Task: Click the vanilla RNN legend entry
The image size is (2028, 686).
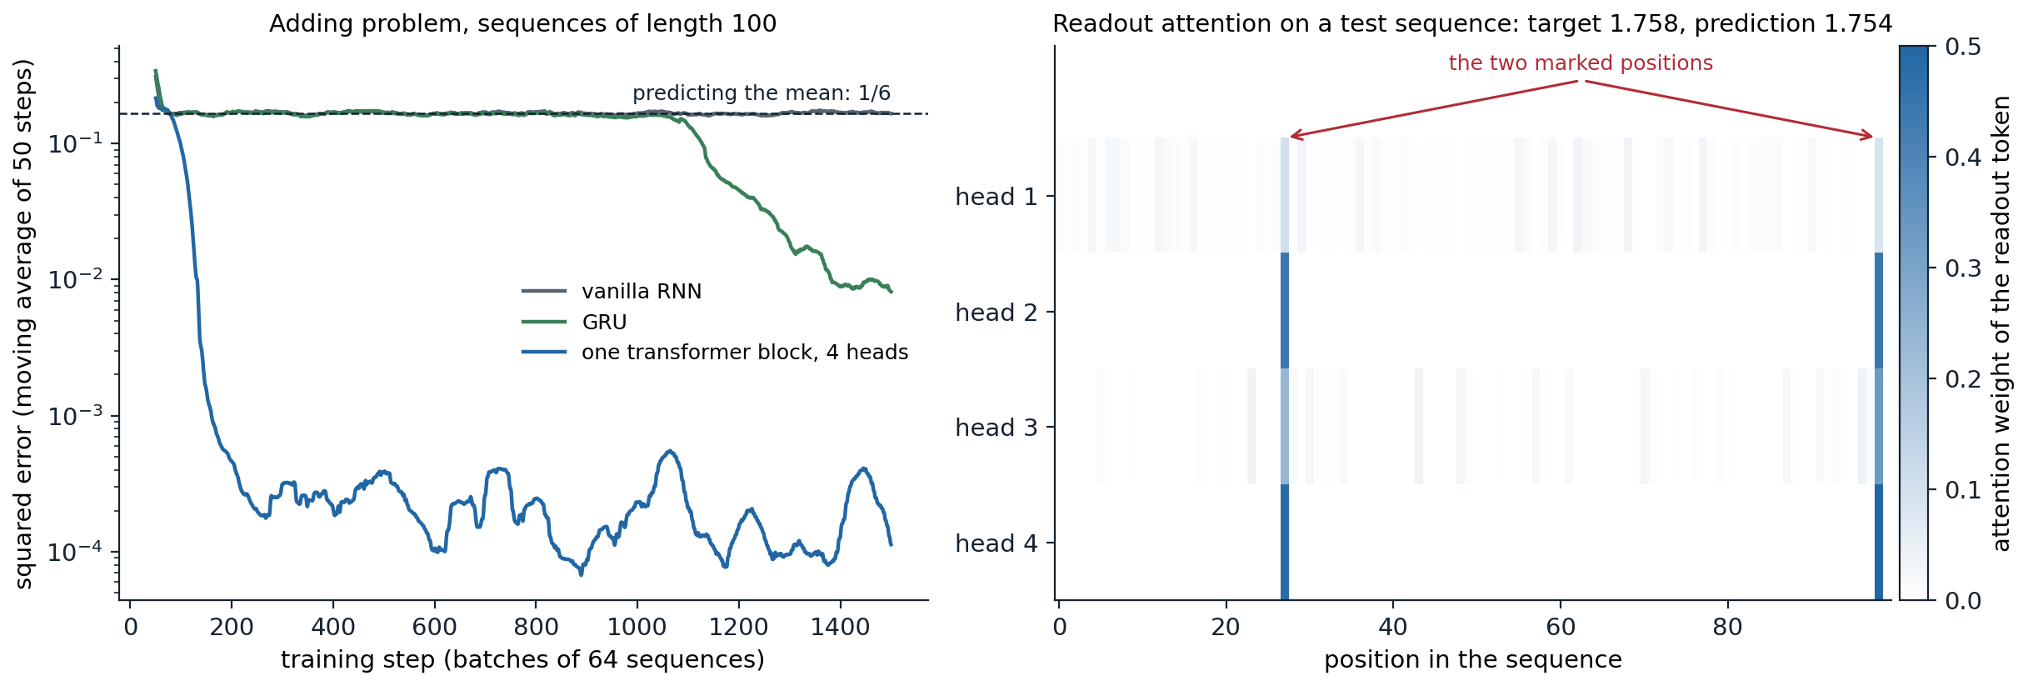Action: [x=612, y=291]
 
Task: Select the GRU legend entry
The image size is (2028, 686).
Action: [x=574, y=322]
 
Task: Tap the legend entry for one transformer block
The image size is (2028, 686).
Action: [x=715, y=353]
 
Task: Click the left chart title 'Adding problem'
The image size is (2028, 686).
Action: [x=522, y=23]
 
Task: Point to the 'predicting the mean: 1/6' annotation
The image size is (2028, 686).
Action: [x=762, y=93]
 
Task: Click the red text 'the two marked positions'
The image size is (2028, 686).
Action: [x=1581, y=63]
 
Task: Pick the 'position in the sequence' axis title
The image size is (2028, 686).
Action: [x=1473, y=660]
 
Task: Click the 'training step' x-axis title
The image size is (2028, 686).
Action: [x=522, y=660]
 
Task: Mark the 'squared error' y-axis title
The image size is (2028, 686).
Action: [x=23, y=323]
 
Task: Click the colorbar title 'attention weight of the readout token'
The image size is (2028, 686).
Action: [x=2001, y=323]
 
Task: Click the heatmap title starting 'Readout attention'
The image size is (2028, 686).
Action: [x=1472, y=23]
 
